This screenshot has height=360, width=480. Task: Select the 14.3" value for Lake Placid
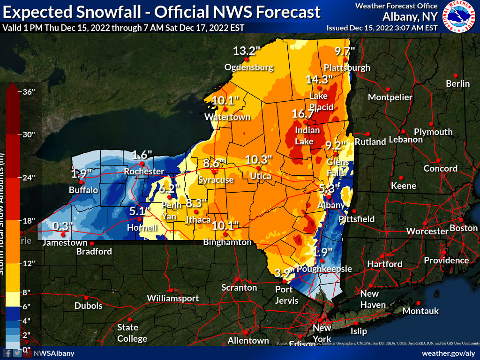[x=319, y=79]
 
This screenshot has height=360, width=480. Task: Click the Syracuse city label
[x=216, y=180]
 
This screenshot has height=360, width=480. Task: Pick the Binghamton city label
[x=227, y=242]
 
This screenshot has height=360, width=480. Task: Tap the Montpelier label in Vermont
[x=390, y=97]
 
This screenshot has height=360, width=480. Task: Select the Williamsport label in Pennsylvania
[x=173, y=298]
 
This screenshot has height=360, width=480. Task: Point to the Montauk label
[x=420, y=311]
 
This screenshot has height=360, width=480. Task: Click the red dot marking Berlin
[x=455, y=75]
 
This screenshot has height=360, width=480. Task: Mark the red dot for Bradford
[x=92, y=244]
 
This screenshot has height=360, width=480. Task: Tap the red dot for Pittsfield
[x=355, y=211]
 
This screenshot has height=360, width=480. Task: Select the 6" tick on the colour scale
[x=26, y=307]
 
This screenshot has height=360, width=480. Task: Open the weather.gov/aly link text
[x=448, y=353]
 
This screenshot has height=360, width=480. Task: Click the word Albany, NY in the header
[x=410, y=17]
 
